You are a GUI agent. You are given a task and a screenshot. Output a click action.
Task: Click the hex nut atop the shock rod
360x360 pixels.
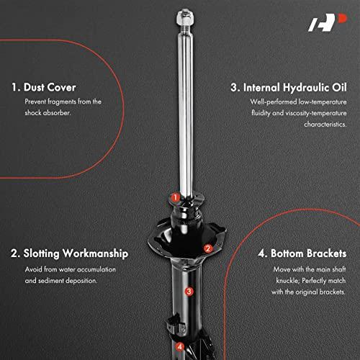click(x=185, y=18)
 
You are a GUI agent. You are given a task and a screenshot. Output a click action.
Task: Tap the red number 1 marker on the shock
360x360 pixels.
click(x=176, y=197)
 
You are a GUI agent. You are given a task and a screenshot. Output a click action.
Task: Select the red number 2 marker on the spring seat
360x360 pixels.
click(x=208, y=248)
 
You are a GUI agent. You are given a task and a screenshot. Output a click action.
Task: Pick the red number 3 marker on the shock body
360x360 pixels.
click(x=189, y=292)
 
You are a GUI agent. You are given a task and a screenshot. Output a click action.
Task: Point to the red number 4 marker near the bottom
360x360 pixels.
click(x=180, y=346)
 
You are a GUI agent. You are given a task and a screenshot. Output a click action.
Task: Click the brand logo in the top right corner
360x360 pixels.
click(x=328, y=22)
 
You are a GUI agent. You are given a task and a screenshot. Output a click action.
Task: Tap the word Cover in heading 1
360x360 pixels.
click(x=61, y=87)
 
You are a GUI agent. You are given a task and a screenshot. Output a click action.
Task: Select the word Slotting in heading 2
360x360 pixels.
click(x=41, y=254)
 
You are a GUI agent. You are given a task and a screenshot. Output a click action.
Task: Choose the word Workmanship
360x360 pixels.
click(x=95, y=253)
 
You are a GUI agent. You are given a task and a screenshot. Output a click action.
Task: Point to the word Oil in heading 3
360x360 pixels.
click(x=339, y=87)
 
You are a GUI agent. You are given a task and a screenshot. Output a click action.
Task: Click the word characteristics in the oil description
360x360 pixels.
click(x=325, y=125)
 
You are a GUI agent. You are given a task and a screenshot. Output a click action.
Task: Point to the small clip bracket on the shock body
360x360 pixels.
click(x=176, y=323)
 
